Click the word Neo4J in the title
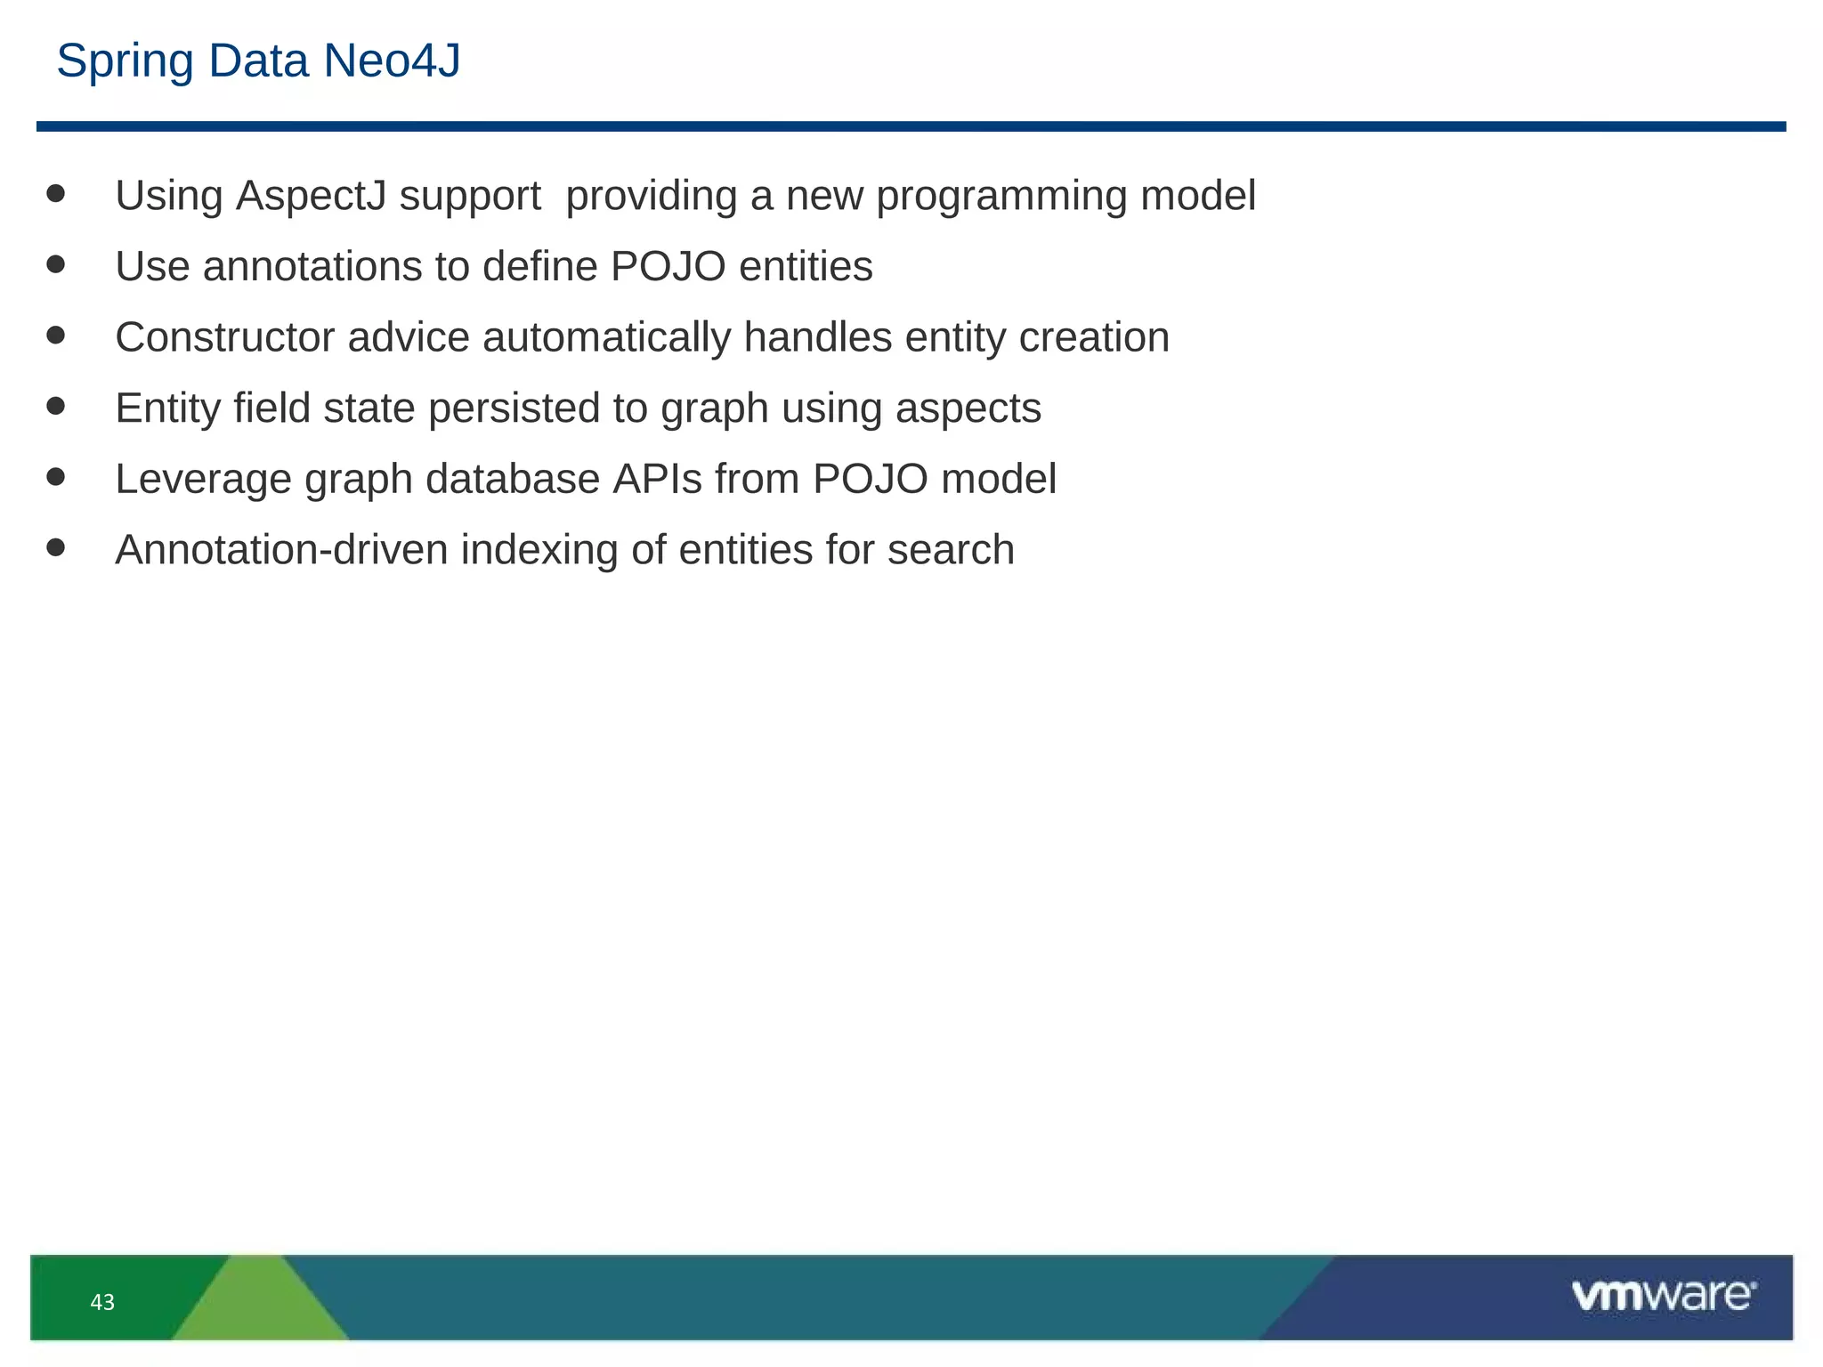392,61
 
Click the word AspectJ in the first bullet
311,197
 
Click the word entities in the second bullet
806,267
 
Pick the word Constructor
225,338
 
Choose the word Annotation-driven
281,550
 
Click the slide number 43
102,1303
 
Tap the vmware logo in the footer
1663,1296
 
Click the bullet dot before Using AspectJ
56,194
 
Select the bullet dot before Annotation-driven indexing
56,547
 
